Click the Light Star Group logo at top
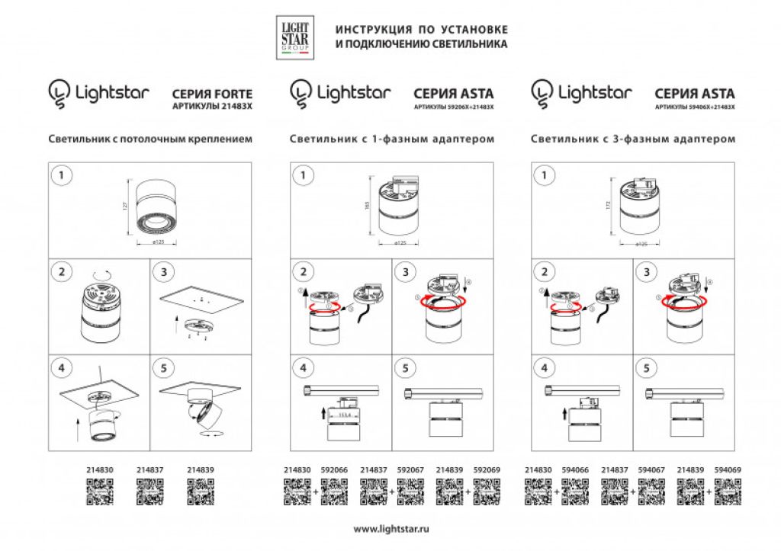pyautogui.click(x=294, y=39)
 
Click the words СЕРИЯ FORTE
pyautogui.click(x=213, y=95)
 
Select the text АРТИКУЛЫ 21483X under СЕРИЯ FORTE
pyautogui.click(x=212, y=107)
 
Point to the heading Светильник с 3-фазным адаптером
pyautogui.click(x=633, y=139)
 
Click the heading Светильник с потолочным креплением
pyautogui.click(x=149, y=139)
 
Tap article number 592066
pyautogui.click(x=334, y=471)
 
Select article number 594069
pyautogui.click(x=728, y=471)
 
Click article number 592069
pyautogui.click(x=487, y=471)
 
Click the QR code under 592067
pyautogui.click(x=410, y=492)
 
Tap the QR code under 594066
pyautogui.click(x=575, y=492)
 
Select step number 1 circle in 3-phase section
pyautogui.click(x=543, y=176)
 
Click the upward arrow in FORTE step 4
pyautogui.click(x=76, y=427)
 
